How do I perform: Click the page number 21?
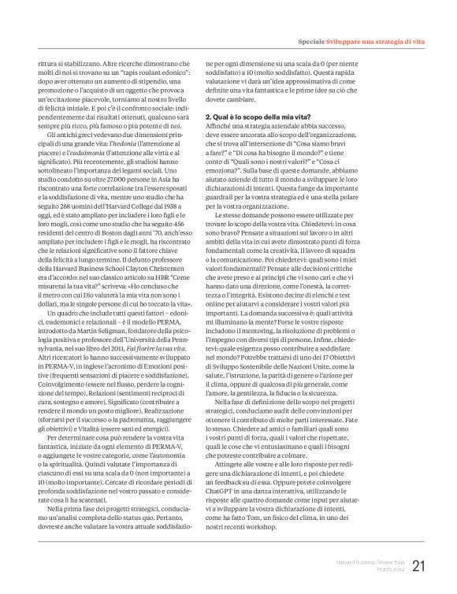418,566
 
